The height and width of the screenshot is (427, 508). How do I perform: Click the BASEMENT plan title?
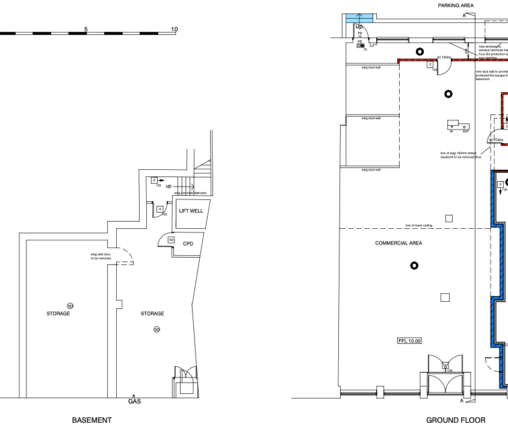click(91, 420)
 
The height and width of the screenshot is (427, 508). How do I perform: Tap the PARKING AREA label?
click(455, 5)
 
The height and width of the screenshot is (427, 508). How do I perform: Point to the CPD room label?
click(188, 243)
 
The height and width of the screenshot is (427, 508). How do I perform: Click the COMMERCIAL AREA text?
click(398, 243)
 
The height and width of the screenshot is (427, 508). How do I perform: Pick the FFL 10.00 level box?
click(410, 341)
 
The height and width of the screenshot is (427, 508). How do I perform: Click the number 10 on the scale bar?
click(175, 30)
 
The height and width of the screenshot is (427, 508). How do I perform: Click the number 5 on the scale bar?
click(86, 30)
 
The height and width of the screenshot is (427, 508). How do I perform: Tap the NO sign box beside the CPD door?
click(170, 240)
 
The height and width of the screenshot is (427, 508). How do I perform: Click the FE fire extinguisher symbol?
click(360, 44)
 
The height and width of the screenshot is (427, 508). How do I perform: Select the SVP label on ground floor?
click(465, 130)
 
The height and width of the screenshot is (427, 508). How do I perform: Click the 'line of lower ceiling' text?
click(419, 225)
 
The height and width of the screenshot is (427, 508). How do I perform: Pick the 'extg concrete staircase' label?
click(190, 193)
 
